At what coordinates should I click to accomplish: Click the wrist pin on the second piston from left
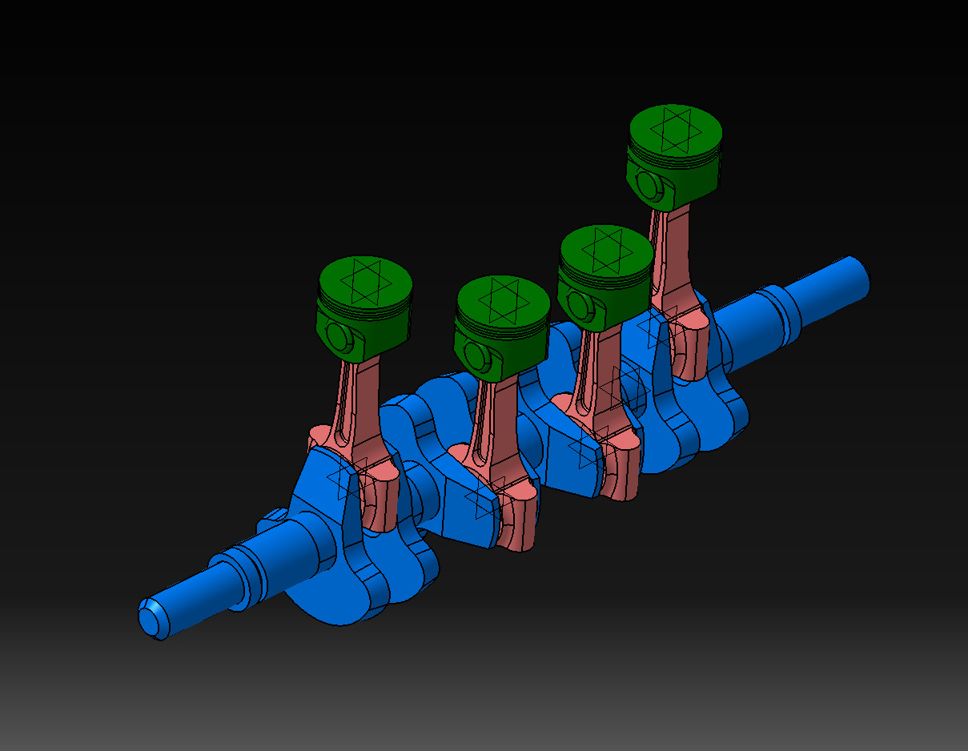click(476, 355)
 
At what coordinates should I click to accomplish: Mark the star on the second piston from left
click(502, 301)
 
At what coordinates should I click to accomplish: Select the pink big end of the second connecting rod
click(512, 520)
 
